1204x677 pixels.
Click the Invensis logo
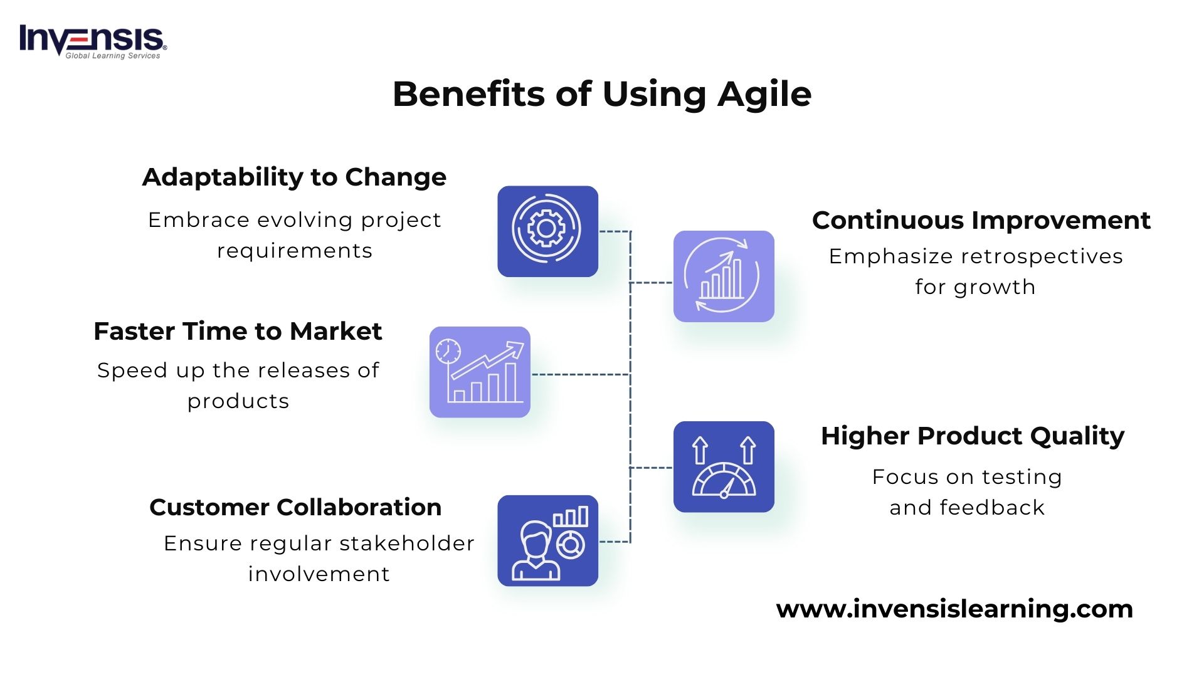tap(93, 41)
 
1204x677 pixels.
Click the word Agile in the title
tap(764, 95)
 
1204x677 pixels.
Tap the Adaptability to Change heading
tap(294, 177)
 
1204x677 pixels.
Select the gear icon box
tap(547, 231)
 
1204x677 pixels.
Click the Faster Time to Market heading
tap(238, 332)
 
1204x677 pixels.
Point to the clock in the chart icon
tap(448, 352)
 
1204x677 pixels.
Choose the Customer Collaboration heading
tap(295, 507)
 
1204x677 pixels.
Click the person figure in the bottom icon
tap(535, 552)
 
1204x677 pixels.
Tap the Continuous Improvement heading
tap(981, 221)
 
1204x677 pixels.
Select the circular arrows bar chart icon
tap(724, 276)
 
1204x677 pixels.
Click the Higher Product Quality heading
tap(972, 436)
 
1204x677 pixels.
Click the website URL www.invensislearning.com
tap(954, 609)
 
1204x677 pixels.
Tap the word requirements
tap(295, 251)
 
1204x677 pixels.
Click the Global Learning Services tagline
tap(113, 56)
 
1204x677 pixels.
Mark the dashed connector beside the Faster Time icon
tap(580, 374)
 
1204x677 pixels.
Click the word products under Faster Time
tap(238, 401)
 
